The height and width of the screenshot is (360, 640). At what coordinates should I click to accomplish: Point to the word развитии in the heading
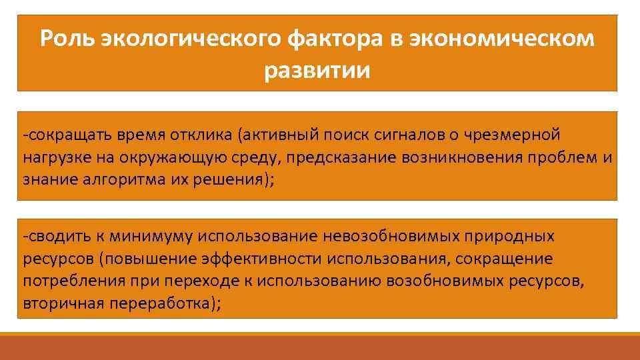pos(317,69)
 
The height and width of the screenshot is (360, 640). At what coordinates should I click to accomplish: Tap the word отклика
pos(176,135)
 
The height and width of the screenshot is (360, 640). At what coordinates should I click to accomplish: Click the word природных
pos(517,236)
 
